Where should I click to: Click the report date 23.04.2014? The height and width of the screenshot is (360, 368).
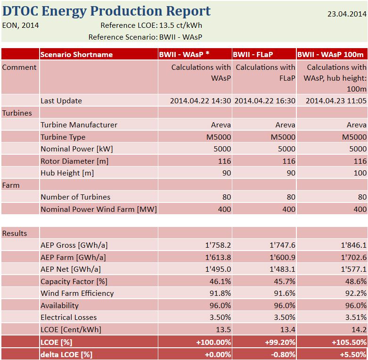(x=346, y=14)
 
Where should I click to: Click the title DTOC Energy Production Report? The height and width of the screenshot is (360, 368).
(x=106, y=11)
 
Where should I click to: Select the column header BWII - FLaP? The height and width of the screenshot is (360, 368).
(x=253, y=54)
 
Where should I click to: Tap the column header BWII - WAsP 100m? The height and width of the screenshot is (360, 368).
(x=331, y=54)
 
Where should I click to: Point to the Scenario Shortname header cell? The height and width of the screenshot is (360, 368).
(x=76, y=54)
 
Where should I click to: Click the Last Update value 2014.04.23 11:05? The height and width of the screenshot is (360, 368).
(x=336, y=100)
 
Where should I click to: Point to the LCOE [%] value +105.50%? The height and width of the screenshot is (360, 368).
(x=348, y=342)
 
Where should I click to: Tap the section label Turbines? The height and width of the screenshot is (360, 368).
(x=17, y=113)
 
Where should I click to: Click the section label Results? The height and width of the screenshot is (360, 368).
(x=15, y=233)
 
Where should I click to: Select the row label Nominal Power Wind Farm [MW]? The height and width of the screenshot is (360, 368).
(x=98, y=209)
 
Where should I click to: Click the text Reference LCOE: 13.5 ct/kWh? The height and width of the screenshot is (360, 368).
(x=151, y=25)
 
